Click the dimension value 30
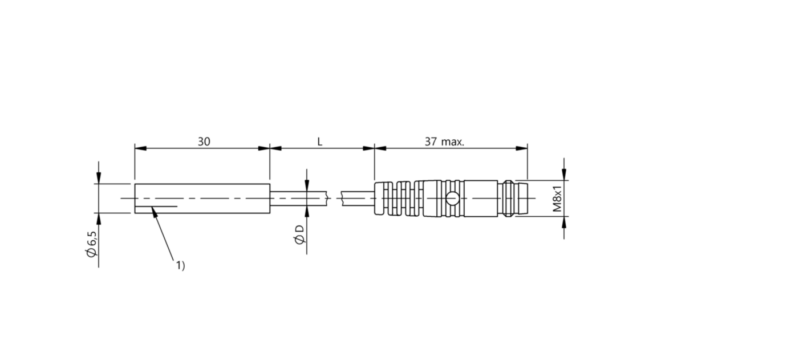tap(204, 141)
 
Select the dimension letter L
tap(320, 141)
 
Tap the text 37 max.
tap(444, 141)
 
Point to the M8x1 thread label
tap(558, 199)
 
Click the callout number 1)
tap(180, 265)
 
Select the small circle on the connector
tap(452, 199)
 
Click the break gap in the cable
tap(335, 199)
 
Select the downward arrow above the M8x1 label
tap(564, 175)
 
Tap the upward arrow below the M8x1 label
tap(564, 222)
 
